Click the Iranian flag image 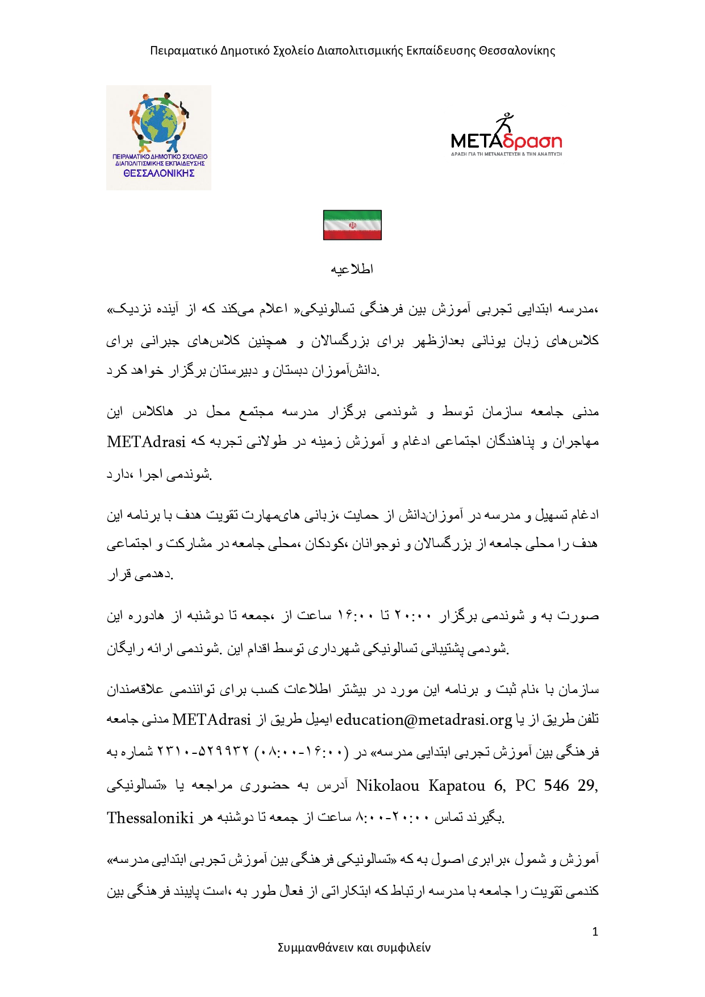point(352,225)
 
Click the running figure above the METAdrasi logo point(504,124)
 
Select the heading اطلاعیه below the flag point(352,269)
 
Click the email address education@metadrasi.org point(424,720)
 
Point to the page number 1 point(595,932)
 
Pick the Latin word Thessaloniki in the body point(151,817)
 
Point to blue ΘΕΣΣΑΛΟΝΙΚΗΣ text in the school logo point(159,173)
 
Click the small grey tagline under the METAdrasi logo point(506,154)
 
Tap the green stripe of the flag point(352,215)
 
